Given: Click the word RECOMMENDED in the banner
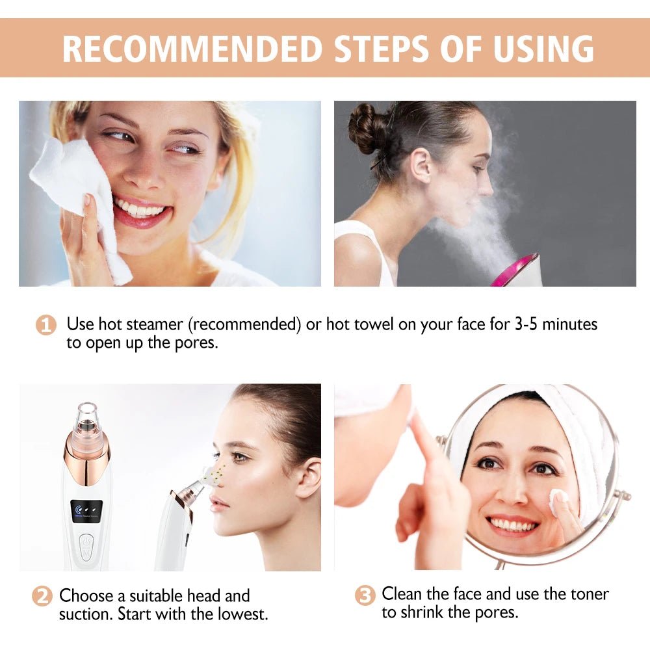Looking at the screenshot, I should [192, 48].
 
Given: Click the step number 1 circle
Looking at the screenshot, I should [45, 324].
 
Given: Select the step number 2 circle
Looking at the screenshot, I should [42, 596].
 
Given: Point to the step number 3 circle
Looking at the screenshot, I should [365, 595].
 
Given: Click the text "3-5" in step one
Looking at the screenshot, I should [525, 324].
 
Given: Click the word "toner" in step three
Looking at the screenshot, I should [591, 593].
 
